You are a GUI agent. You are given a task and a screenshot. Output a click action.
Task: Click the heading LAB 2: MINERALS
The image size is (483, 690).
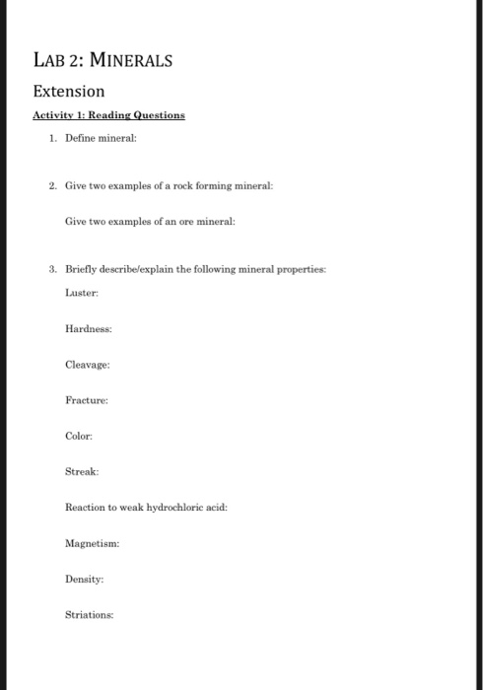point(103,60)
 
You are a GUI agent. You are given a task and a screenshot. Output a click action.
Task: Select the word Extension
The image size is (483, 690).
point(68,92)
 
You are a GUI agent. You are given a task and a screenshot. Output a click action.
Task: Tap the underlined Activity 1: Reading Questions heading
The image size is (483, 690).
point(108,115)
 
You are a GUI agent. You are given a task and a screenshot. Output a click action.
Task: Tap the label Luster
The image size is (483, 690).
point(84,293)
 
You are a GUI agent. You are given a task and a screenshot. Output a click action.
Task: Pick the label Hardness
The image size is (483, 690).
point(88,329)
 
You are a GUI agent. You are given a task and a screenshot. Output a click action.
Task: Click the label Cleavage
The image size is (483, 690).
point(87,365)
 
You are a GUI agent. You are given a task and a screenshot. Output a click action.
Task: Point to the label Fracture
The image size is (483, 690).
point(86,400)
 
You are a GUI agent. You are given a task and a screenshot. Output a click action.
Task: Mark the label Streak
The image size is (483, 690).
point(83,471)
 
